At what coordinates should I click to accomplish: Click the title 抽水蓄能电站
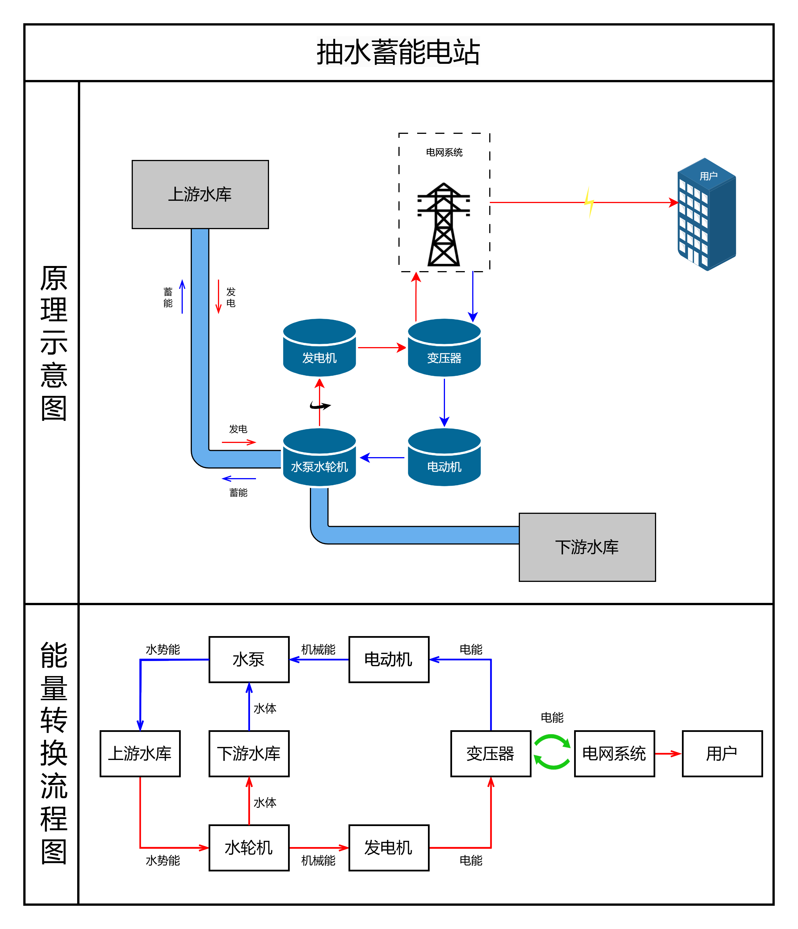[398, 52]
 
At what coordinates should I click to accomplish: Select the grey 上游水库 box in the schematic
[200, 195]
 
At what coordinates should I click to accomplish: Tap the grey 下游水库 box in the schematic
[587, 547]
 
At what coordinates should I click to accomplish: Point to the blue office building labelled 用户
[707, 214]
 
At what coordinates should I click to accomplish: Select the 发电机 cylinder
[319, 347]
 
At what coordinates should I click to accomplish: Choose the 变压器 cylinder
[444, 347]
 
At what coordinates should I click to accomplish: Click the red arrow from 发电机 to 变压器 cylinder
[382, 347]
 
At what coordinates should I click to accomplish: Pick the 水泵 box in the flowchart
[249, 660]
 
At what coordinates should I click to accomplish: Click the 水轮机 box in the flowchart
[249, 848]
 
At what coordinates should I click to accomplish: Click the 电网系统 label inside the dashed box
[444, 153]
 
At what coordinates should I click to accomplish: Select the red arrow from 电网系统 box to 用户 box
[668, 754]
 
